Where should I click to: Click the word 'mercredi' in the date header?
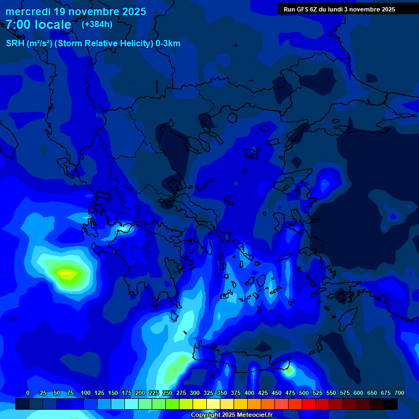[x=27, y=11]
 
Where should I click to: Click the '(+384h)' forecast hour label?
[x=97, y=25]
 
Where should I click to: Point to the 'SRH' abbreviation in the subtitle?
[x=15, y=44]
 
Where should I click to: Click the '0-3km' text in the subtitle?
[x=167, y=44]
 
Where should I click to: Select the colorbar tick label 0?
[x=28, y=393]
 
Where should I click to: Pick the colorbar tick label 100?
[x=86, y=393]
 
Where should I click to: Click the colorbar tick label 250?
[x=167, y=393]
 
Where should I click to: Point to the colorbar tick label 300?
[x=195, y=393]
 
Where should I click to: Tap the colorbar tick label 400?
[x=249, y=393]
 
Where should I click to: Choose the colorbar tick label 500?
[x=304, y=393]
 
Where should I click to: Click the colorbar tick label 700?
[x=399, y=393]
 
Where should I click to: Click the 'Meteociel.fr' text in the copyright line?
[x=252, y=415]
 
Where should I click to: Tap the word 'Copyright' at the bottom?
[x=206, y=415]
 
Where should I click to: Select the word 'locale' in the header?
[x=51, y=25]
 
